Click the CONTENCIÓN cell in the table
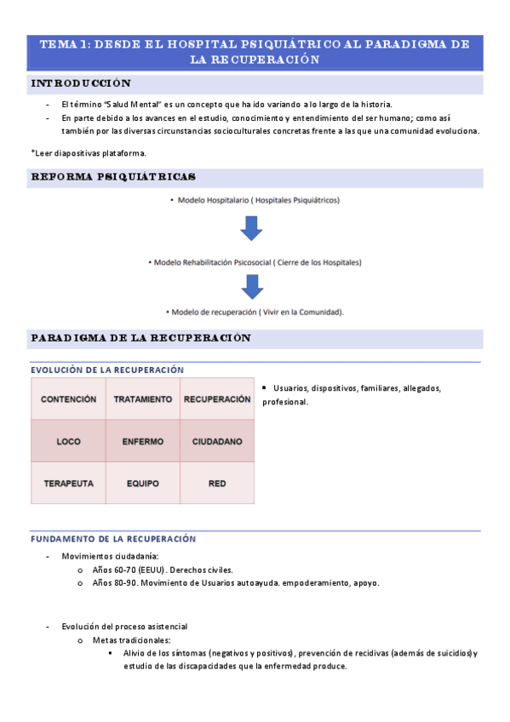[68, 398]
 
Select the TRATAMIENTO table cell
[143, 398]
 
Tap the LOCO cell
[68, 442]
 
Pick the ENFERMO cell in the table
[143, 442]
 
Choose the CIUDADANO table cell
[217, 442]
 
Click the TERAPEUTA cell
[68, 484]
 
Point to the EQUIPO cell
[143, 484]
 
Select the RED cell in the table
[217, 484]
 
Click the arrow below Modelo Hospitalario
[251, 228]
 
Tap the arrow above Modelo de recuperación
[251, 287]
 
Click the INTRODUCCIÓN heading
[81, 83]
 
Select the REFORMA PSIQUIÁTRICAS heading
[113, 177]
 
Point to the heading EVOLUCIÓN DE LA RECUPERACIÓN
[107, 370]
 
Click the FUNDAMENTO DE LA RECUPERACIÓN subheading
[113, 539]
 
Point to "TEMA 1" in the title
[69, 44]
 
